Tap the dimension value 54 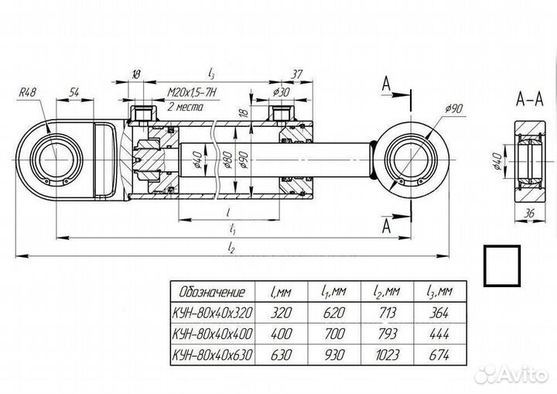click(x=75, y=92)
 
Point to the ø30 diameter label click(x=281, y=92)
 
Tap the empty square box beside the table click(x=504, y=267)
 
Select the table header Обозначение click(x=212, y=292)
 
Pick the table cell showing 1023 click(x=386, y=357)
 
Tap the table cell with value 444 click(x=437, y=335)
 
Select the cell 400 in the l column click(x=281, y=335)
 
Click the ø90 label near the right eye click(x=453, y=108)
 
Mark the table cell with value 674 click(x=437, y=357)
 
